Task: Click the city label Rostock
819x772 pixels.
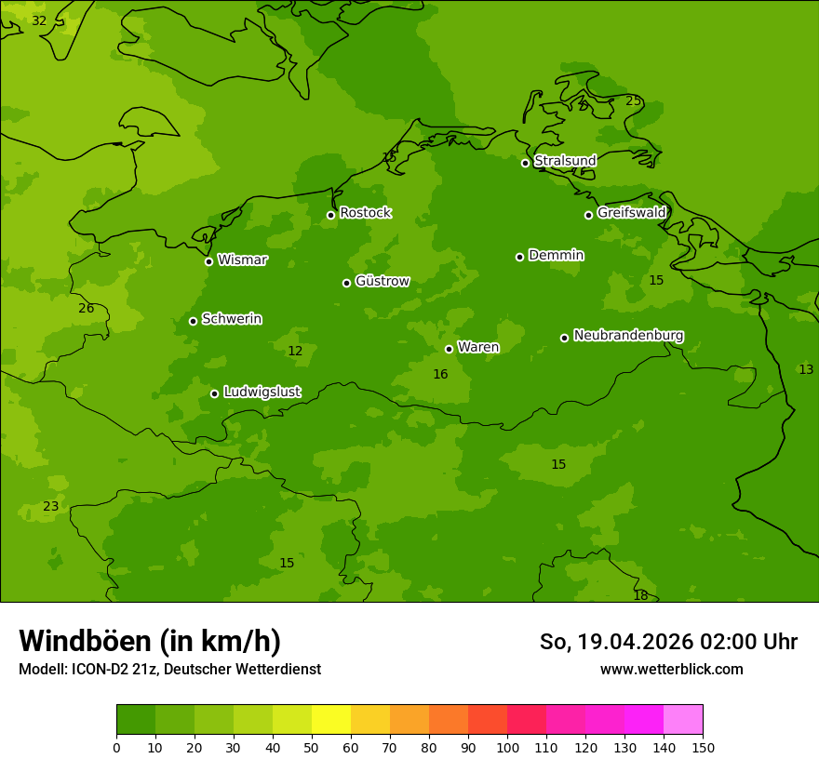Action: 365,213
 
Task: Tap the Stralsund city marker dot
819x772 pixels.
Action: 525,163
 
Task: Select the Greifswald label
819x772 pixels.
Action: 631,213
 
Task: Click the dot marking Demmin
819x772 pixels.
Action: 519,257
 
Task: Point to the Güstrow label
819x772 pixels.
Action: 382,281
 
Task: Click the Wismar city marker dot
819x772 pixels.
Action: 208,261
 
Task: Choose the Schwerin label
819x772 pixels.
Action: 232,319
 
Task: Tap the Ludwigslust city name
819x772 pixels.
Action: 262,392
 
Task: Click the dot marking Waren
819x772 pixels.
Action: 449,349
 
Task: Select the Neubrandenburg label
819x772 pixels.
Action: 628,335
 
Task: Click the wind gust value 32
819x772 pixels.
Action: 39,20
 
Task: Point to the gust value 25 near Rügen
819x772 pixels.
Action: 633,100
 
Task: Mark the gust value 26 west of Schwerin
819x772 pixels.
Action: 86,308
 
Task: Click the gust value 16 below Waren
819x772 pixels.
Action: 440,374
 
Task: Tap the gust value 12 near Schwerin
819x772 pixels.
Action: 295,351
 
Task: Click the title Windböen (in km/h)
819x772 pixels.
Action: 150,641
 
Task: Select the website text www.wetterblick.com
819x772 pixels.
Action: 671,669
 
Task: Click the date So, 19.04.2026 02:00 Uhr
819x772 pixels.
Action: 668,642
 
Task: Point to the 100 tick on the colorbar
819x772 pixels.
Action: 507,747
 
